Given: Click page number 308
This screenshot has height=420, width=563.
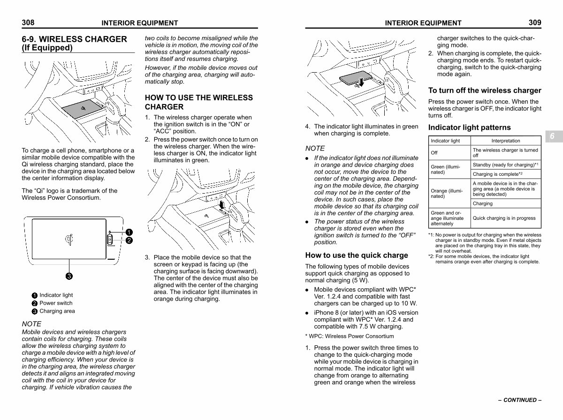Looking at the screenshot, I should (x=28, y=22).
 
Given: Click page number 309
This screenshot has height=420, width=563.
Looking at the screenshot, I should (x=535, y=22).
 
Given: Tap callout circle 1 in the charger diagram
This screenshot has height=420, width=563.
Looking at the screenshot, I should (x=129, y=232).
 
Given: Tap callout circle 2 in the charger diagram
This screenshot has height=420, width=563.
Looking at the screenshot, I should (x=129, y=240).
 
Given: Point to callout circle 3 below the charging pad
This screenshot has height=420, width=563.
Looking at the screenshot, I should (x=68, y=276).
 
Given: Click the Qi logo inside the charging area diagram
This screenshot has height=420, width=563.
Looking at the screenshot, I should (x=68, y=240).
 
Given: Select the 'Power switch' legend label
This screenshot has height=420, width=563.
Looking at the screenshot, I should (x=56, y=303).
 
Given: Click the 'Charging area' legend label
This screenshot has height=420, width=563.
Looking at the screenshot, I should (x=57, y=311).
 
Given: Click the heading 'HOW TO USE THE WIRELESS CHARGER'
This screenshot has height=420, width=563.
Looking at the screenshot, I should (x=198, y=102).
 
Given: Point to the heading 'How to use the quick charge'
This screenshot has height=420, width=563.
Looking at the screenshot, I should (x=357, y=255).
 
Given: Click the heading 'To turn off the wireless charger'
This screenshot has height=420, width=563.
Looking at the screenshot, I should (x=485, y=90).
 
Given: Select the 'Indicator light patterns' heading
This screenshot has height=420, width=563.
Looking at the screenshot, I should (x=469, y=127).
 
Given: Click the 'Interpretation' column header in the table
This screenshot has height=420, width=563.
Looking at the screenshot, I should (x=506, y=141).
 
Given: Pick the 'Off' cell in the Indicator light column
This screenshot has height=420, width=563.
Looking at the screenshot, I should (x=434, y=153).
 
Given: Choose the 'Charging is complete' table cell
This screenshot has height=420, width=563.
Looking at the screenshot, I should (x=504, y=174).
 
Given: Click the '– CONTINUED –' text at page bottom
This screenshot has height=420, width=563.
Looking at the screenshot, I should (x=520, y=400).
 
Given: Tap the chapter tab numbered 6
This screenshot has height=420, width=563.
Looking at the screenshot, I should (x=552, y=136).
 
